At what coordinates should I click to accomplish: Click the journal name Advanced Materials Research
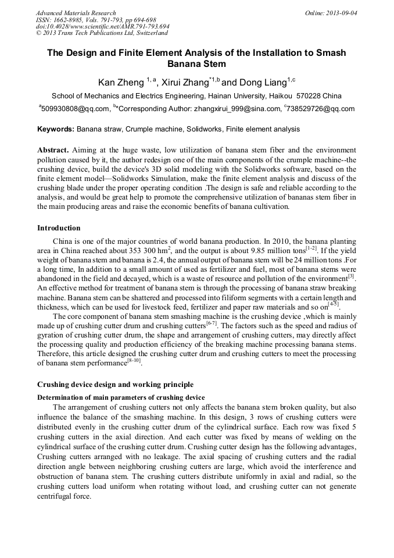click(76, 13)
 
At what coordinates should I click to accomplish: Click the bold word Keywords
click(56, 129)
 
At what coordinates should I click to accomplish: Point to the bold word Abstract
click(53, 150)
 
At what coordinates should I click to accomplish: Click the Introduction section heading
click(59, 228)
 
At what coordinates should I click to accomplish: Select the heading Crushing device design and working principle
click(114, 385)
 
